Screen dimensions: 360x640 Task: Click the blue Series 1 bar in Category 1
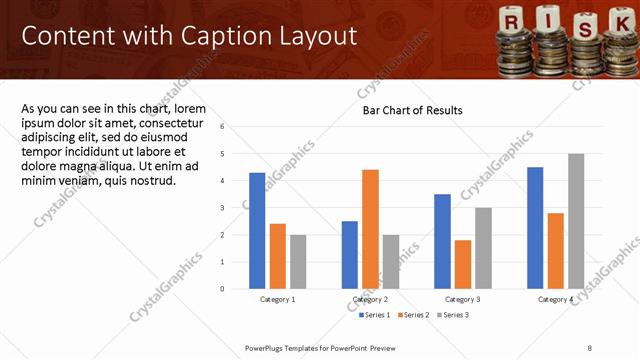[x=257, y=231]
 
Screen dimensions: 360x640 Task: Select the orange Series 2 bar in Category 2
[x=370, y=229]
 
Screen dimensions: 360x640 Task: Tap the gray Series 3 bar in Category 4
[x=576, y=221]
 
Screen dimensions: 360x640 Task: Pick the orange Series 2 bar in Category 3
[x=462, y=264]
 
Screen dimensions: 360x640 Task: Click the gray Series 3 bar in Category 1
[x=298, y=262]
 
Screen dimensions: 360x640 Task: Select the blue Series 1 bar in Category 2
[x=349, y=255]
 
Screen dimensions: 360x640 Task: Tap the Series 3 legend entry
[x=452, y=315]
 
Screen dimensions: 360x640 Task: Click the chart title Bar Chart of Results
[x=412, y=110]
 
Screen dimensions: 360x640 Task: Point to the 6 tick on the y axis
[x=236, y=127]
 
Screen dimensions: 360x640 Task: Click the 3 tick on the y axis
[x=236, y=208]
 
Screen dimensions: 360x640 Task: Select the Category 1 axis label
[x=277, y=299]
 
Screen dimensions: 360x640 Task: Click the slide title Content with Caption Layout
[x=189, y=37]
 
